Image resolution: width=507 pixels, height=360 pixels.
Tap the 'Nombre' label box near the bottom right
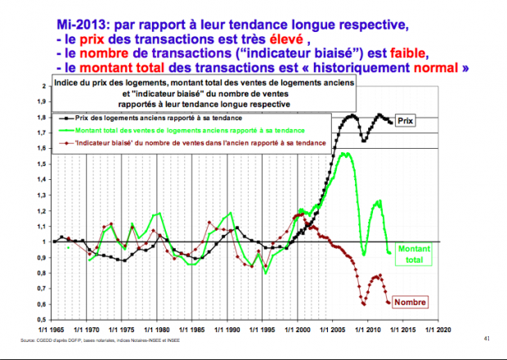click(x=410, y=302)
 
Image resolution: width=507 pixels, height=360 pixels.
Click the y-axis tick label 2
click(x=43, y=86)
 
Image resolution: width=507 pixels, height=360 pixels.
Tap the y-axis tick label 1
click(x=43, y=241)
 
